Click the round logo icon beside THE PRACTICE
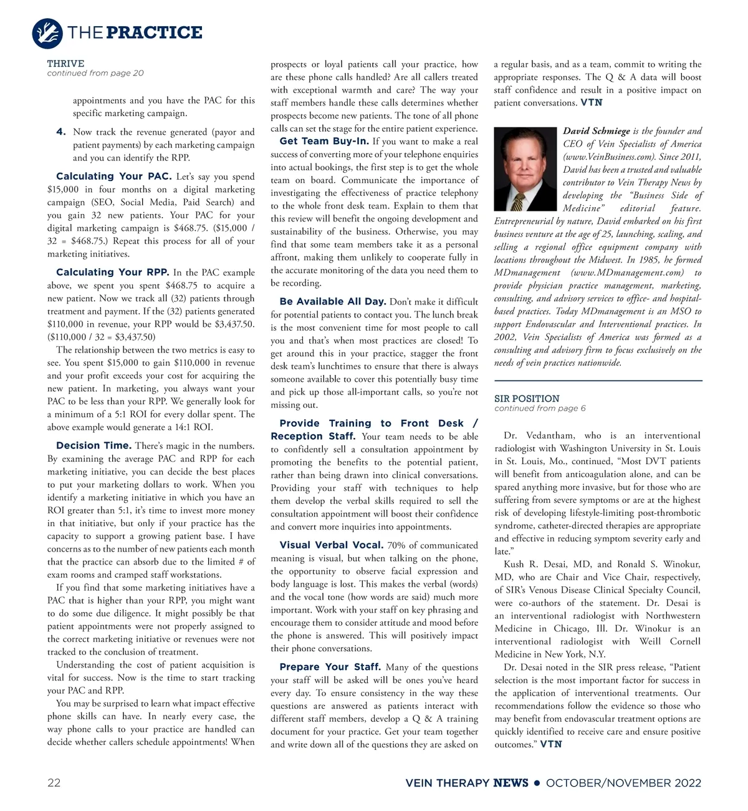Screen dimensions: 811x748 coord(47,33)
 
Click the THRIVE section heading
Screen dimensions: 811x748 coord(65,64)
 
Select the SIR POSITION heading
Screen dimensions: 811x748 coord(527,399)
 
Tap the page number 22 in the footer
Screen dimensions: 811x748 coord(54,783)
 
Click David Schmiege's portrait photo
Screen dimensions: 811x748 coord(525,169)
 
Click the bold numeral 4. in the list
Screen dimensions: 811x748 coord(60,132)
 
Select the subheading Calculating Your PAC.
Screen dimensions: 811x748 coord(113,177)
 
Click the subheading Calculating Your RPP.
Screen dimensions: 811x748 coord(112,272)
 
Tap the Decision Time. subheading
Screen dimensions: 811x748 coord(93,445)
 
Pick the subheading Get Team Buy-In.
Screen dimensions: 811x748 coord(324,141)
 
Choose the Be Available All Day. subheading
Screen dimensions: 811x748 coord(333,301)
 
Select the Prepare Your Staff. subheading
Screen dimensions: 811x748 coord(330,667)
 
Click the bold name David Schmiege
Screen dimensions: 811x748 coord(597,131)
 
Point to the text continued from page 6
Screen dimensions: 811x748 coord(540,409)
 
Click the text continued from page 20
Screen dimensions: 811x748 coord(95,73)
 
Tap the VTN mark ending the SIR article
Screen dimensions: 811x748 coord(551,744)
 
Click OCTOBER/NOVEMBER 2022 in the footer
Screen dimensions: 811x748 coord(623,783)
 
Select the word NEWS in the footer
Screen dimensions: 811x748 coord(511,783)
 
